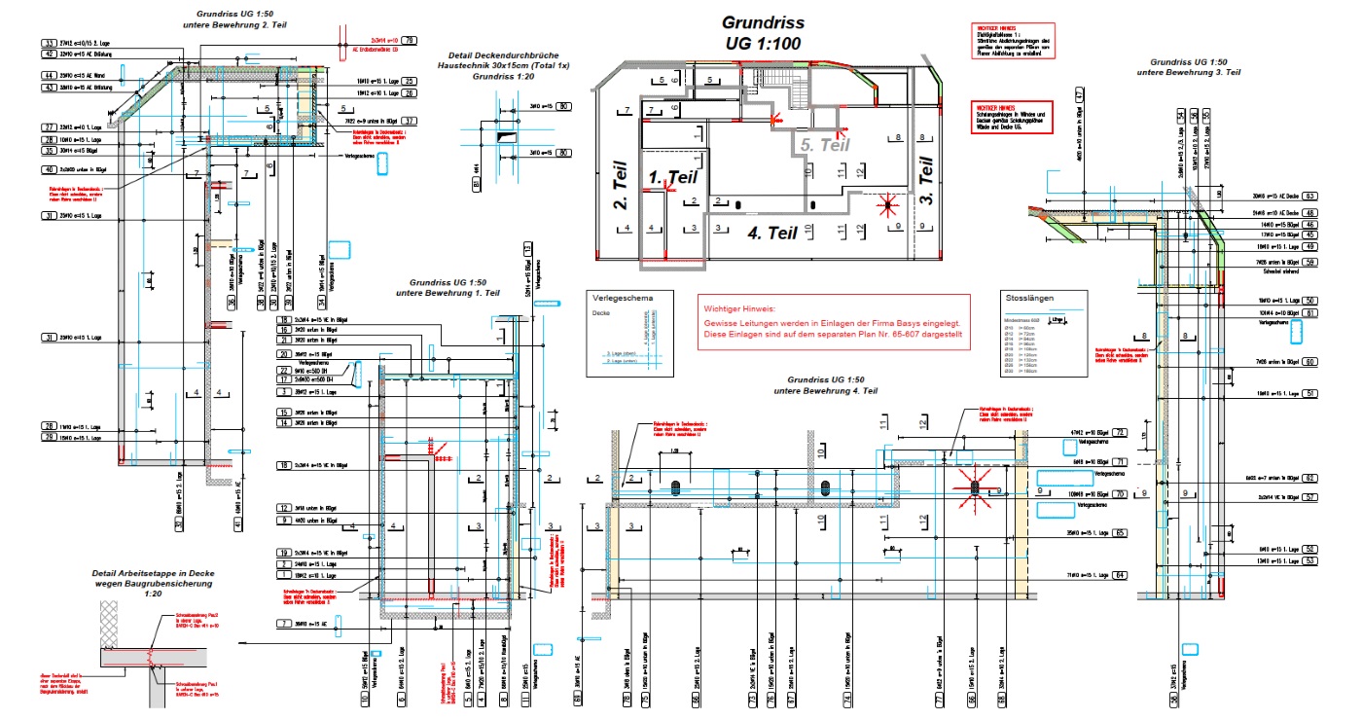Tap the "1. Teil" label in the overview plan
pyautogui.click(x=674, y=178)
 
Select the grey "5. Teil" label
pyautogui.click(x=827, y=144)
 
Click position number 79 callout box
pyautogui.click(x=410, y=40)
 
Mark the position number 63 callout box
pyautogui.click(x=1309, y=196)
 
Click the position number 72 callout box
pyautogui.click(x=1120, y=432)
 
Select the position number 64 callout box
pyautogui.click(x=1120, y=576)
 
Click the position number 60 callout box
pyautogui.click(x=1309, y=362)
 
